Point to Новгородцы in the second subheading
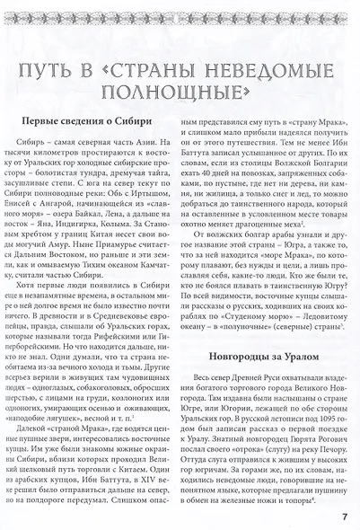pos(235,331)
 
